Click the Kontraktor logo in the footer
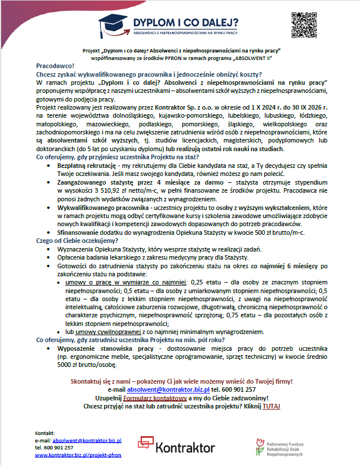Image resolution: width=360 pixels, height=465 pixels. click(x=176, y=445)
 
